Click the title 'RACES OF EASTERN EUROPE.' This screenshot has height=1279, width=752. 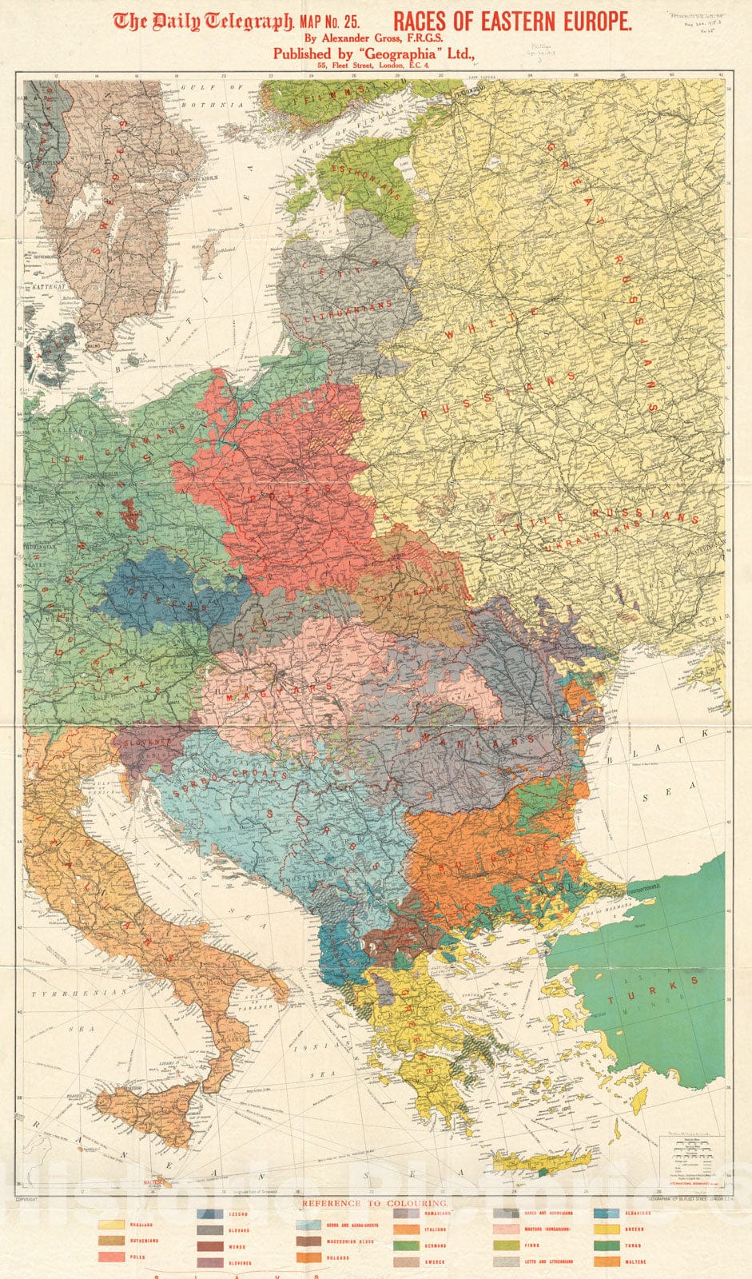(x=512, y=22)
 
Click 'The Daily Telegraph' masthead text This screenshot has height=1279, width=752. (x=203, y=22)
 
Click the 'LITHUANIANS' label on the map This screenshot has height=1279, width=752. (x=349, y=313)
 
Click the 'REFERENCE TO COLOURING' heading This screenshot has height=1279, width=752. (x=375, y=1202)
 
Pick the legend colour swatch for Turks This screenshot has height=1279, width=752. (x=607, y=1245)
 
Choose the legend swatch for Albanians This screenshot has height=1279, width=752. (x=607, y=1213)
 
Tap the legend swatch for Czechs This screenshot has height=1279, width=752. (x=210, y=1213)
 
